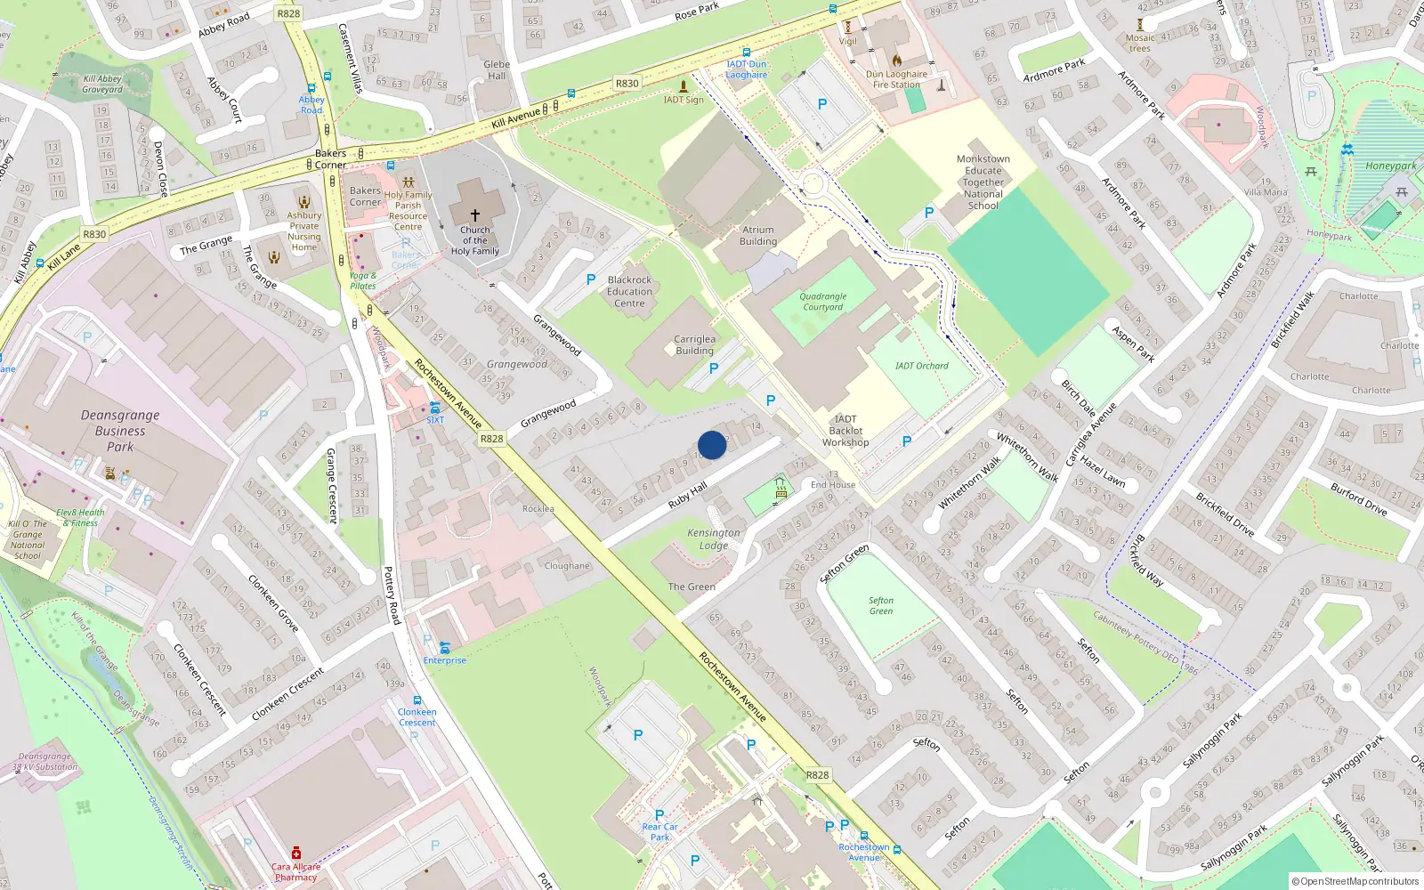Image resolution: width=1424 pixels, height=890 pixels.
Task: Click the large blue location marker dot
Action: pos(712,445)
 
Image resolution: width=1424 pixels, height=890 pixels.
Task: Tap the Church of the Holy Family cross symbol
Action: pos(475,215)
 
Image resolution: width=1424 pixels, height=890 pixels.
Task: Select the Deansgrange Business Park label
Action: pos(120,431)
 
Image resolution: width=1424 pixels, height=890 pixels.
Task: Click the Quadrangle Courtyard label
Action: pos(822,302)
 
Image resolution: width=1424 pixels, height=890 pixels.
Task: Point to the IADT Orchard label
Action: pos(921,366)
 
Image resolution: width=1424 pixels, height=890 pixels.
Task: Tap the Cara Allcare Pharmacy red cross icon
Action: pos(296,853)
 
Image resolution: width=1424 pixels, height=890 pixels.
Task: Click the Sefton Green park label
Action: pos(881,606)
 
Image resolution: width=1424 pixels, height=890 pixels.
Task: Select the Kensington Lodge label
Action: pos(713,539)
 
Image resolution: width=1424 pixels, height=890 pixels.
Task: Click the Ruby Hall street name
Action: pos(687,496)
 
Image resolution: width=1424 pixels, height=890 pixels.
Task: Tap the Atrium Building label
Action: pos(758,236)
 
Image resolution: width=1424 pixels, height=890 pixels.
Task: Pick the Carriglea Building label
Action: pos(694,344)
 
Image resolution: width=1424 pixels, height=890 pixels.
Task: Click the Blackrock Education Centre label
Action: pos(629,292)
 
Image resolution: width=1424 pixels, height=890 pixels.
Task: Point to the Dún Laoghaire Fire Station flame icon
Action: pos(897,61)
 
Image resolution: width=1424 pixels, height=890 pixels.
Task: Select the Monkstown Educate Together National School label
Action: pos(983,182)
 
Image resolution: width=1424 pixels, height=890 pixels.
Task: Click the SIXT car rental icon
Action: pos(435,408)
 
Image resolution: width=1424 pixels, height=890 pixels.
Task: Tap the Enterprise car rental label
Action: pos(444,660)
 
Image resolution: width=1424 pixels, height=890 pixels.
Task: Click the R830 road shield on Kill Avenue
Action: pos(627,83)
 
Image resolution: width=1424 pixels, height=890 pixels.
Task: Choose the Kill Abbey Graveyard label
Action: pos(102,85)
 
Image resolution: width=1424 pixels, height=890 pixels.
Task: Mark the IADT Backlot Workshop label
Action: pos(845,431)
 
